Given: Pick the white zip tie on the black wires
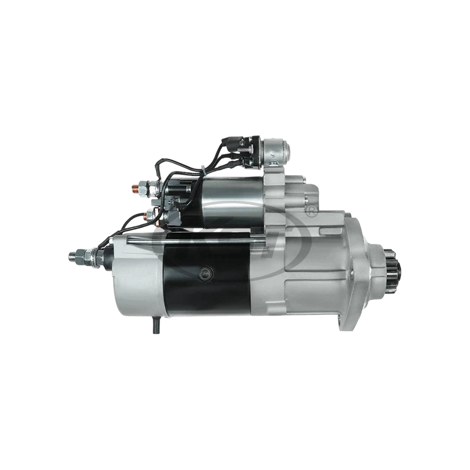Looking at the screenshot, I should [202, 171].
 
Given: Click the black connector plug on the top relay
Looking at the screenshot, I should [240, 147].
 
